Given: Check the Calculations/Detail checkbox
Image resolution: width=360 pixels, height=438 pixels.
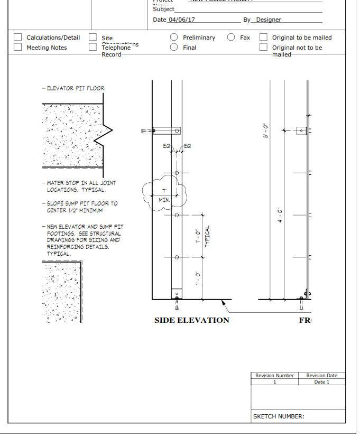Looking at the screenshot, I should pos(18,38).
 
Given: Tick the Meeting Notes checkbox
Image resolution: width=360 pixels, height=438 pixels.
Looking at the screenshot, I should pos(18,48).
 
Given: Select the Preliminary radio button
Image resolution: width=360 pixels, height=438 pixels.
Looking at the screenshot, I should pos(174,38).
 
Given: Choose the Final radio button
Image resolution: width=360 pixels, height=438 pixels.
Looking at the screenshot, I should pos(174,48).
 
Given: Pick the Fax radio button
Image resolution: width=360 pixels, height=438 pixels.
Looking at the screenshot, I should pos(231,38).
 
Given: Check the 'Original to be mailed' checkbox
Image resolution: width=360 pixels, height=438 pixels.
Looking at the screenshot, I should pos(263,38).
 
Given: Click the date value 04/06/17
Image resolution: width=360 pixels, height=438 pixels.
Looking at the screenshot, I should pos(181,20).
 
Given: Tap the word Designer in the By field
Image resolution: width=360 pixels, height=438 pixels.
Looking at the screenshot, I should pos(269,20).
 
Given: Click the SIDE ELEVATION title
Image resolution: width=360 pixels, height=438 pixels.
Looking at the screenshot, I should pos(191,320).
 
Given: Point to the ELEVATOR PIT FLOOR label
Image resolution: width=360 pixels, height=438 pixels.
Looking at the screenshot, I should pos(75,89).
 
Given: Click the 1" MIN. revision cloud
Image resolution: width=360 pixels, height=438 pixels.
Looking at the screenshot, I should pos(164,195).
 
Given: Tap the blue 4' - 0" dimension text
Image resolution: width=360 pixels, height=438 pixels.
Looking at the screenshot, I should pos(280,215).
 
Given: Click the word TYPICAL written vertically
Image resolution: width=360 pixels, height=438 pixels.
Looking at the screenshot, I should pos(207,236).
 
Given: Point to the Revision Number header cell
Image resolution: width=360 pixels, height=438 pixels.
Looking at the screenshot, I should pos(274,376).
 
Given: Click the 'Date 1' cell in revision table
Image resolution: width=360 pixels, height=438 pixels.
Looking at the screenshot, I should pos(321,382).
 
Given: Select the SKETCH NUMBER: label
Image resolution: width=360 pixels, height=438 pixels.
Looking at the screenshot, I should pos(279,416).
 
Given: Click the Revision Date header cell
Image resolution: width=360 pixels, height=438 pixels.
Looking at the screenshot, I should pos(321,376).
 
